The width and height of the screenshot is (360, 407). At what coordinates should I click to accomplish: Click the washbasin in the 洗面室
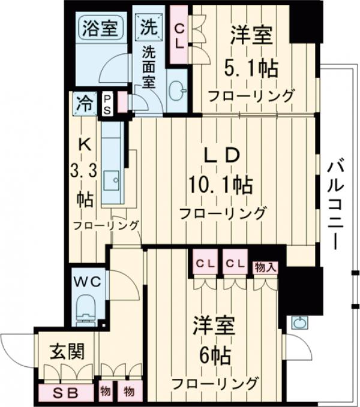177,91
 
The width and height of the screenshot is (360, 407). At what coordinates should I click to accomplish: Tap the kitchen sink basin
112,179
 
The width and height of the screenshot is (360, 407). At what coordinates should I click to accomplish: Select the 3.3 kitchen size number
85,170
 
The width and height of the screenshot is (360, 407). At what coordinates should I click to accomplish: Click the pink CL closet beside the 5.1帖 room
179,35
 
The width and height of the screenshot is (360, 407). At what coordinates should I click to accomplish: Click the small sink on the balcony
299,322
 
